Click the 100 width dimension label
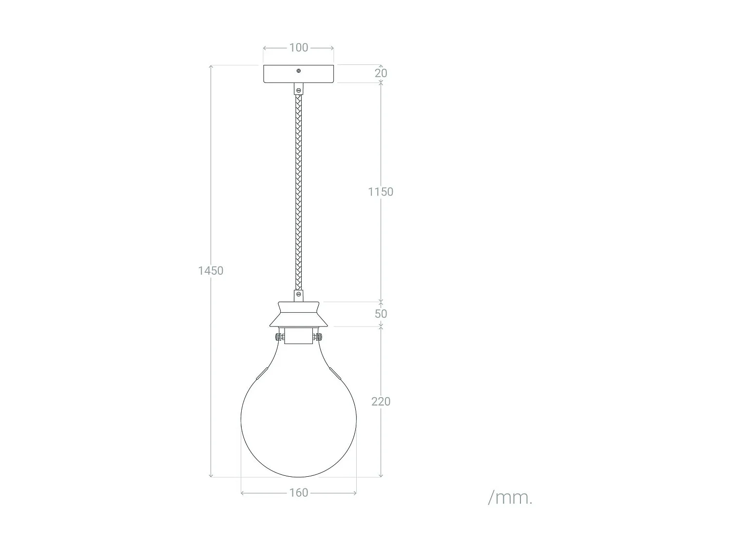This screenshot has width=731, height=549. tap(298, 48)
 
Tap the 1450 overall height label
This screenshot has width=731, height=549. tap(211, 271)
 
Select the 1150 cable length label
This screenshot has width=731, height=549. tap(381, 192)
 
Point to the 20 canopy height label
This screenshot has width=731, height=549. tap(381, 73)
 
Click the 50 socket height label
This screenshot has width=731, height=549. tap(381, 314)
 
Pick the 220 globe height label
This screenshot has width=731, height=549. tap(381, 402)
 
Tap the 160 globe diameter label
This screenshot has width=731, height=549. tap(298, 493)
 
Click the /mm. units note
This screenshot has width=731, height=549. tap(510, 498)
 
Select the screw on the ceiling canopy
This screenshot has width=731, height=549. tap(299, 71)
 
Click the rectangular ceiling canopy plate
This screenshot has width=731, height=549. tap(298, 74)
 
